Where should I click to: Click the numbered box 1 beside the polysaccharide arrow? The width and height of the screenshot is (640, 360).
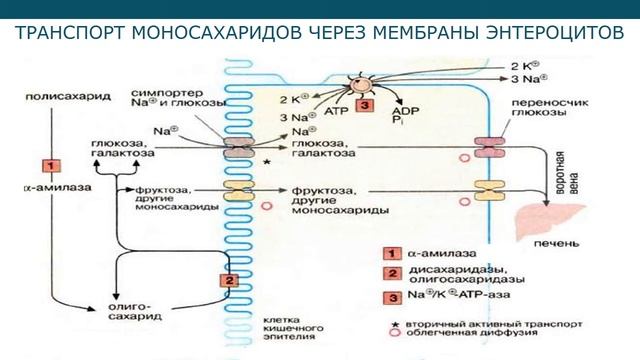tap(45, 164)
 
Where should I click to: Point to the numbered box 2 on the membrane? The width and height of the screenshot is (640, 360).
tap(228, 281)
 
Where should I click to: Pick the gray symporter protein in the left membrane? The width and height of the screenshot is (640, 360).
tap(239, 147)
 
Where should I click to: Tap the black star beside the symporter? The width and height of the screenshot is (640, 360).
tap(266, 160)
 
